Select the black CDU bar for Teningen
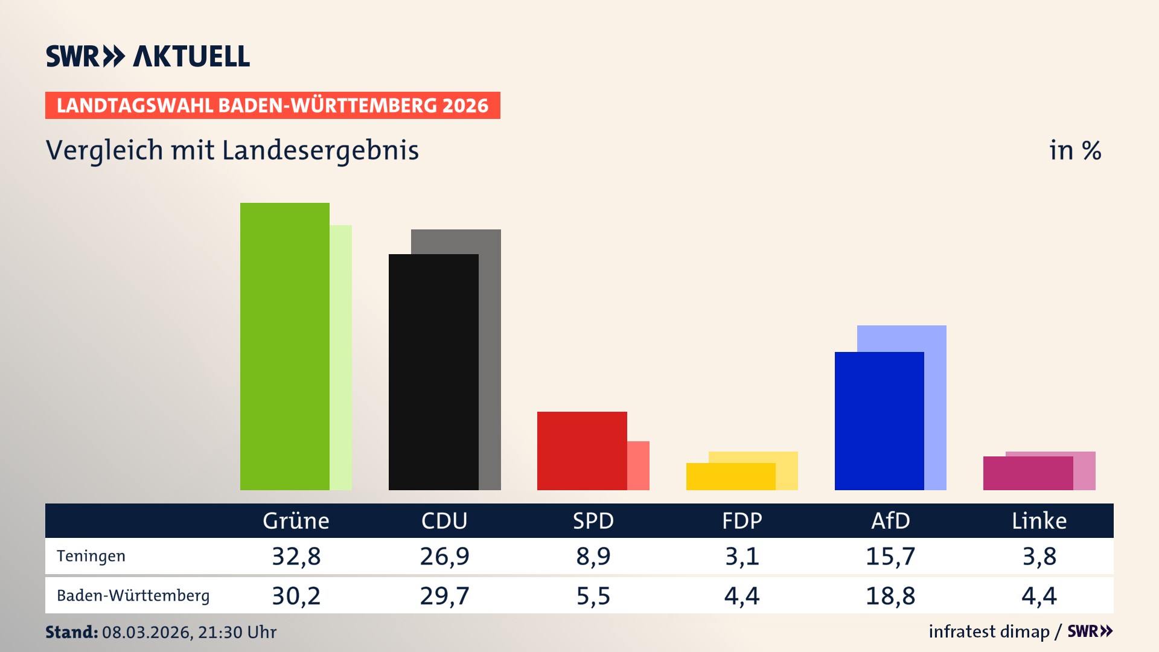point(433,372)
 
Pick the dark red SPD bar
point(582,450)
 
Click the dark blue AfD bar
point(879,421)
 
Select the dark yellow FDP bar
point(730,476)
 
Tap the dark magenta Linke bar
point(1027,473)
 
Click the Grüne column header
point(296,520)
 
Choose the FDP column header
point(742,520)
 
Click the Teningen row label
point(91,556)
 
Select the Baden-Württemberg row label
point(133,595)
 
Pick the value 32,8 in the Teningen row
point(296,556)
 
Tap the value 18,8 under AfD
point(890,596)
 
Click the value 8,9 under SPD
point(593,556)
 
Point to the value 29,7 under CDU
point(444,596)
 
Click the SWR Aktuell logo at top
point(148,56)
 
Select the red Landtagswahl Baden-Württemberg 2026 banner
point(272,105)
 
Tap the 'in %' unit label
point(1074,150)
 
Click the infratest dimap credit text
point(989,631)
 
